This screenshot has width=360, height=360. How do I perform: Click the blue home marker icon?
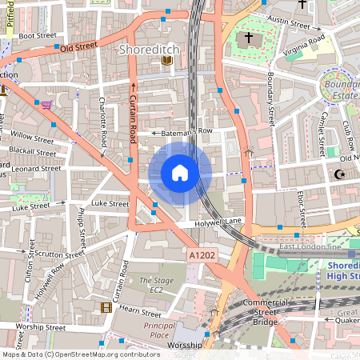(x=180, y=172)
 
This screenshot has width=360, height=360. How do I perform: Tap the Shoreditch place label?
(x=148, y=50)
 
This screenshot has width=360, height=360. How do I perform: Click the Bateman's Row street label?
(x=183, y=131)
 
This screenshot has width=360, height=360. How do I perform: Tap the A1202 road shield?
(x=202, y=255)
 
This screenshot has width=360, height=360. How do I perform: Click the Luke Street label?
(x=110, y=204)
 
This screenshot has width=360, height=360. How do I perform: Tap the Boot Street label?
(x=37, y=36)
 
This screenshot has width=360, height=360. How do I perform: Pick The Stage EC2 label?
(x=156, y=286)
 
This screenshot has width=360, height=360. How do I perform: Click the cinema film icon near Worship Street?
(x=106, y=307)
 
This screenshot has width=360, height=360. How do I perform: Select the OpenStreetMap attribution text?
(x=82, y=354)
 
